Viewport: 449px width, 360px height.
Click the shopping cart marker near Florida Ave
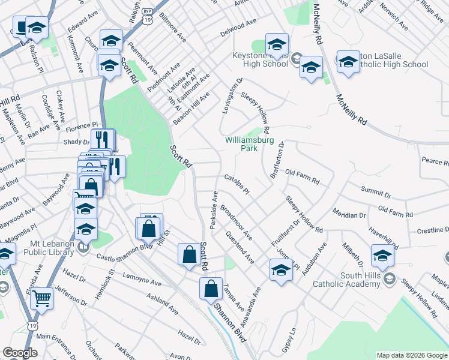42,298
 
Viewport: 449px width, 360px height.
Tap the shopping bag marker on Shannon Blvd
211,289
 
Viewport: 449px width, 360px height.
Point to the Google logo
20,353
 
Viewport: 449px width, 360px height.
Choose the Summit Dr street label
376,192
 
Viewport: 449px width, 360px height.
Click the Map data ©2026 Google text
412,355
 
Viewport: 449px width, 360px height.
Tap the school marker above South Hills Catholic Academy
382,256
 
